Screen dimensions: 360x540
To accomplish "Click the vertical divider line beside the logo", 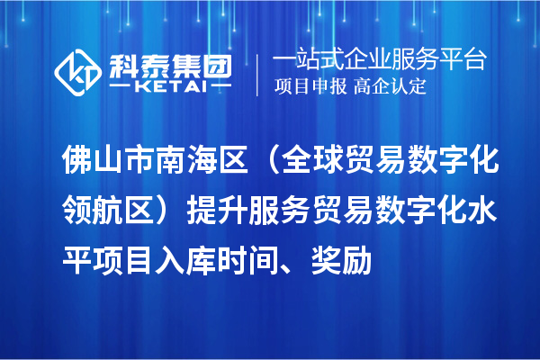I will coord(257,72).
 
